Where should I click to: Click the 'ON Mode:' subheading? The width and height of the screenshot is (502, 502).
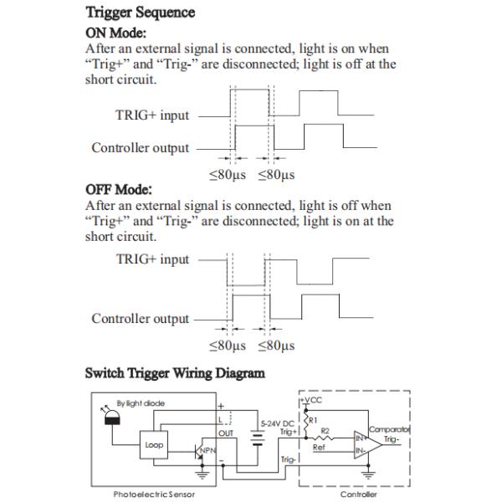(x=116, y=33)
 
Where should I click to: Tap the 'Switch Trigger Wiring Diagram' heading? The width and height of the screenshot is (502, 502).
(x=175, y=373)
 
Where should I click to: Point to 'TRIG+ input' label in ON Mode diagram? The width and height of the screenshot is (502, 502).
(x=152, y=115)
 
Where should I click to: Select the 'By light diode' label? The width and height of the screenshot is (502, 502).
(x=140, y=403)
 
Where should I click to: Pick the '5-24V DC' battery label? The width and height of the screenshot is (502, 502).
(x=276, y=424)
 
